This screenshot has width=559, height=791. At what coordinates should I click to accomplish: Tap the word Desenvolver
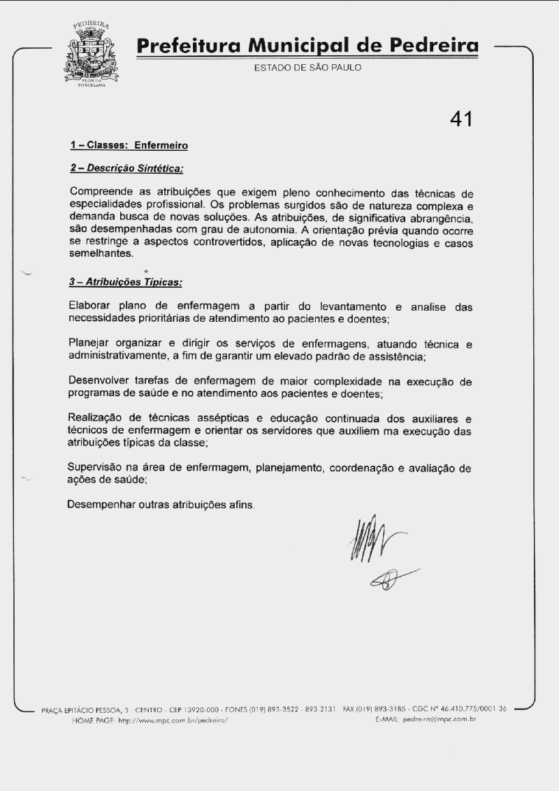tap(100, 381)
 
